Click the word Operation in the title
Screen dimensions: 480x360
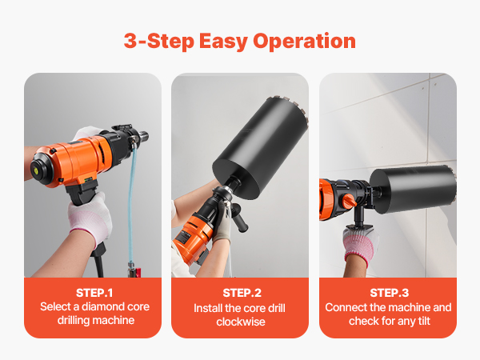point(304,41)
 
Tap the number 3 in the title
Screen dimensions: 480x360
point(130,41)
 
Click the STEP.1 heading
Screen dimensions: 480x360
point(94,293)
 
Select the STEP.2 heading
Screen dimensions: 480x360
point(242,293)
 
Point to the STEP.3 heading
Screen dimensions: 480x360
point(389,293)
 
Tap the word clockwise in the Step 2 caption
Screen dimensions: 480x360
point(241,322)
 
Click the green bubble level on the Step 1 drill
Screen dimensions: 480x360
point(34,168)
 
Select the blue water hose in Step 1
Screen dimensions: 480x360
point(131,202)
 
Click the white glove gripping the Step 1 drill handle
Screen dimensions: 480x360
point(90,217)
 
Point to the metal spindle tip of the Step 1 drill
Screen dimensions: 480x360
point(144,136)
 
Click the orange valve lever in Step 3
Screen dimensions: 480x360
point(350,201)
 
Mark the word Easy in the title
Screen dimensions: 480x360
point(223,42)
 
